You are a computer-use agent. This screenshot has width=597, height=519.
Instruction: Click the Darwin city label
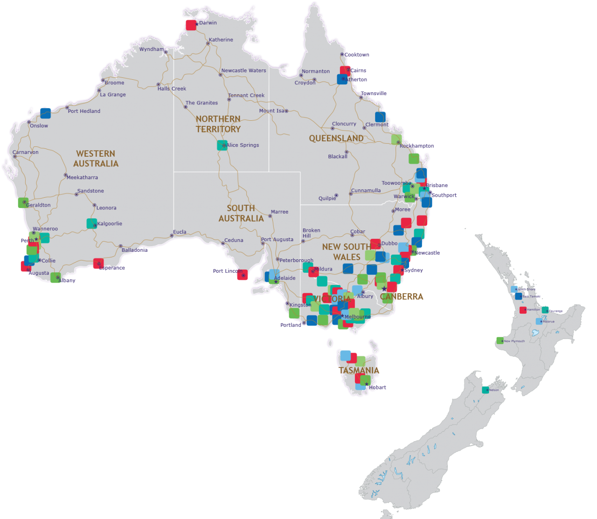208,23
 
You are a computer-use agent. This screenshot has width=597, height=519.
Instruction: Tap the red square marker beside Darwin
191,25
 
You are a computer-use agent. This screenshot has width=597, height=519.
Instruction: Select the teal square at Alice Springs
222,145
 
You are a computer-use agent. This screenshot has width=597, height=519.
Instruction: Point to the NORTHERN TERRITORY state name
218,124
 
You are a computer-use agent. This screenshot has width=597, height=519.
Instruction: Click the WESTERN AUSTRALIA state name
96,159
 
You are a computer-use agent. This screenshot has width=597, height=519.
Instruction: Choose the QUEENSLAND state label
336,138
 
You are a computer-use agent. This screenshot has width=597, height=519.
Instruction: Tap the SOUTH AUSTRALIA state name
241,213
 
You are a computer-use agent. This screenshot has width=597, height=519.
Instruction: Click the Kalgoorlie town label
110,224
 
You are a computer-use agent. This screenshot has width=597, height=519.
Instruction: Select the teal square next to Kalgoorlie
91,223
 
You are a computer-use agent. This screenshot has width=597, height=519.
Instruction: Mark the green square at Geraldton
23,203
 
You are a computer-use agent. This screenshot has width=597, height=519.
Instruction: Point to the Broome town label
114,83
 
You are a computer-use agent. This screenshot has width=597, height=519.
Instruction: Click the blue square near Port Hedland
45,113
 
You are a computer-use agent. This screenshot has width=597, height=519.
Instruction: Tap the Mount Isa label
271,111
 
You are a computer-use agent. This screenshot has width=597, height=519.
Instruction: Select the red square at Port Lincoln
242,275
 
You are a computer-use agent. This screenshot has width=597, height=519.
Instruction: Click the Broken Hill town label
311,233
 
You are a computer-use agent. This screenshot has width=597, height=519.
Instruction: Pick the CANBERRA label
402,297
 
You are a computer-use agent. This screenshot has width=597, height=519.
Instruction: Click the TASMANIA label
359,371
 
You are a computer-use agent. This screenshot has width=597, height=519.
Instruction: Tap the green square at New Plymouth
500,340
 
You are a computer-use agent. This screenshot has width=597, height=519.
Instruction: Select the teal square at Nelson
486,389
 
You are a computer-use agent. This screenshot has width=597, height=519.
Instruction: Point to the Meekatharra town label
82,178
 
